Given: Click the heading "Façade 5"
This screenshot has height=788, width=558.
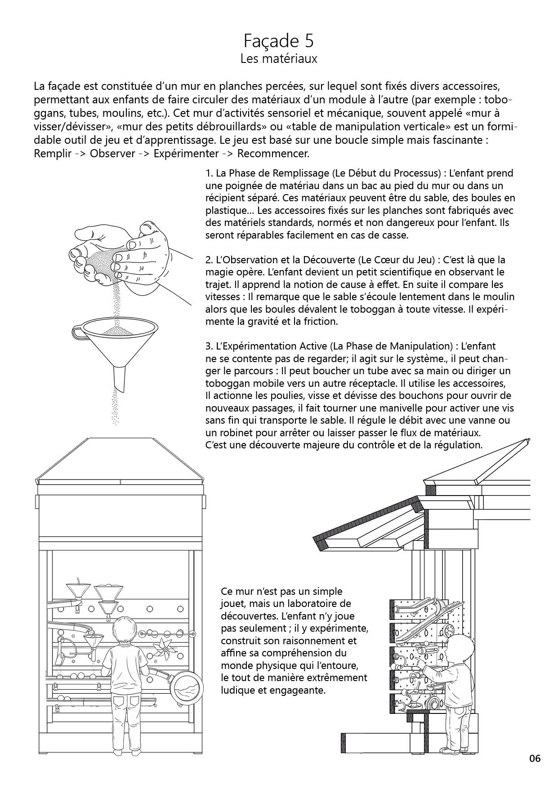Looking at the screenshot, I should click(279, 41).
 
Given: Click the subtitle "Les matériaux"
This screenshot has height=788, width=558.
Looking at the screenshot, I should click(279, 59).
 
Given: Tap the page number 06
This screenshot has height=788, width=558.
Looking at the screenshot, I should click(535, 759).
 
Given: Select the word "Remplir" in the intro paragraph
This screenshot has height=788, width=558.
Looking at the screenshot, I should click(53, 154).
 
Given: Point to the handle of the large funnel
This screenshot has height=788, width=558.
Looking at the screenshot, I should click(77, 333).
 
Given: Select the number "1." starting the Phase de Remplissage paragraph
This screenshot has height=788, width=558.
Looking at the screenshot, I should click(209, 173).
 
